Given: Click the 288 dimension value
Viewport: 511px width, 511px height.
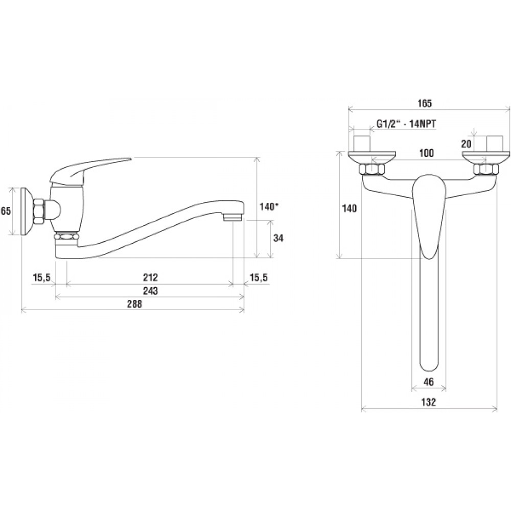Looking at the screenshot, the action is pos(134,304).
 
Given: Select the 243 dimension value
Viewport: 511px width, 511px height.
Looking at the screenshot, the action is pos(150,290).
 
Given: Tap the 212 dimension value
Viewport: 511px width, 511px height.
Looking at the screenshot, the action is pos(150,277).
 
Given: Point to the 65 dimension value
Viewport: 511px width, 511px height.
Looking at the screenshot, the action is pos(6,211).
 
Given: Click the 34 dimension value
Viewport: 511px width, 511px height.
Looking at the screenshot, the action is pos(278,238).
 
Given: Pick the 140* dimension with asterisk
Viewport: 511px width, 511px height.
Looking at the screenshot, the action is pos(269,206).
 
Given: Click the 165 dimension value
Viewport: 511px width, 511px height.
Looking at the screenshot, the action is pos(425,103).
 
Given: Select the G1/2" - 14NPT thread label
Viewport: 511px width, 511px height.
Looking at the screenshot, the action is pos(406,124).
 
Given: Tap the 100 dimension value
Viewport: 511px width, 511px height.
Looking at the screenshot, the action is pos(426,153).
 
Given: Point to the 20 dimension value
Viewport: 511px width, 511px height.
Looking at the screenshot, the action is pos(467,144).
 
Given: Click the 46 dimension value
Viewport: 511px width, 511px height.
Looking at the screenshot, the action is pos(429,382).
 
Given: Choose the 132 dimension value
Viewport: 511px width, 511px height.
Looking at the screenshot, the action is pos(429,402).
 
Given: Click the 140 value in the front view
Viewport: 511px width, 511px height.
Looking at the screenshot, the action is pos(350,208).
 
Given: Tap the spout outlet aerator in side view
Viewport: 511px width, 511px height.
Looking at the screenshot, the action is pos(233,217).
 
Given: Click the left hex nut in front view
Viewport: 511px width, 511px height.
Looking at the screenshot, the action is pos(372,170).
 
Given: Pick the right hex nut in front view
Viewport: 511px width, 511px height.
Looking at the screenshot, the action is pos(486,170).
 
